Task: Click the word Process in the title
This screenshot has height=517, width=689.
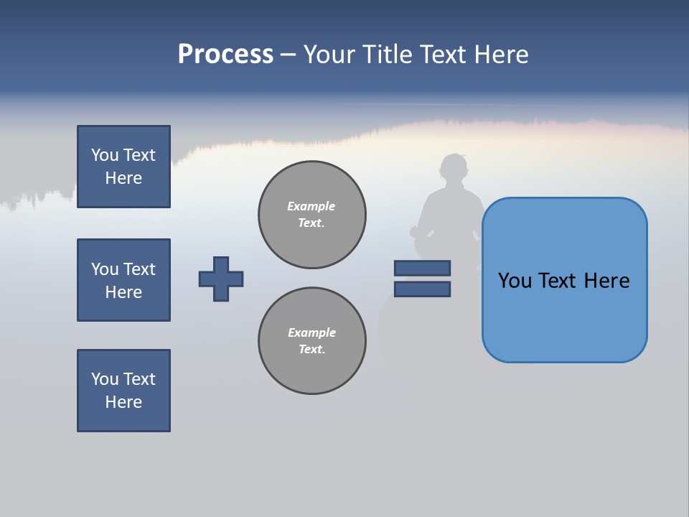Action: tap(225, 55)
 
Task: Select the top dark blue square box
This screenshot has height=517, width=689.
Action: tap(123, 167)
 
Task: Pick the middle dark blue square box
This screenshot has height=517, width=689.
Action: tap(123, 280)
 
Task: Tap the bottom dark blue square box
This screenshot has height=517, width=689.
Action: tap(123, 391)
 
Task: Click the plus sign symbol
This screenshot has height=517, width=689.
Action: tap(221, 279)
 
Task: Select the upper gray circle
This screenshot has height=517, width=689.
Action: tap(312, 215)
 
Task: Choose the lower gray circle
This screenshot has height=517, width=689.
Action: tap(312, 341)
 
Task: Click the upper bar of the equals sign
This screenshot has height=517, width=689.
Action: tap(422, 268)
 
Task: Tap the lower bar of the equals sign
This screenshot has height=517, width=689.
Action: tap(422, 289)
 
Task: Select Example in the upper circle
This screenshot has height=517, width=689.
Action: tap(311, 206)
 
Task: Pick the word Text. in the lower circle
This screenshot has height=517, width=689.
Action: tap(311, 349)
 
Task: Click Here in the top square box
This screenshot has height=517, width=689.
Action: tap(123, 178)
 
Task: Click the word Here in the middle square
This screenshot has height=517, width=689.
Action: tap(123, 292)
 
